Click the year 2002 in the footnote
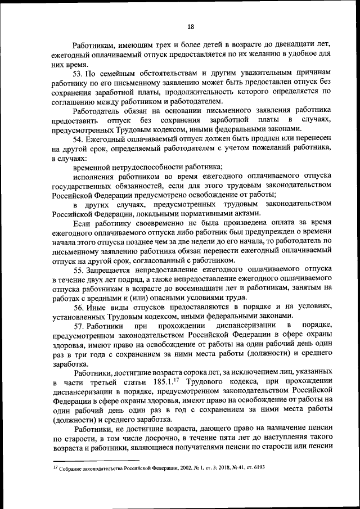coord(168,467)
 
